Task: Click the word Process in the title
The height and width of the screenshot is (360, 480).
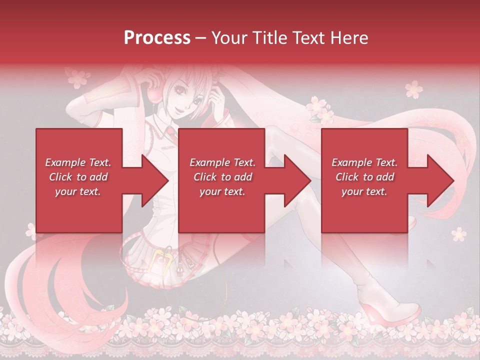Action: (157, 38)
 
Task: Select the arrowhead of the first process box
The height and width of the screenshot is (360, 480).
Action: (155, 180)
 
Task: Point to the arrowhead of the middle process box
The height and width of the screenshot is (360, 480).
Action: (298, 180)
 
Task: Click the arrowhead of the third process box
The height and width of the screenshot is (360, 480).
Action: (440, 180)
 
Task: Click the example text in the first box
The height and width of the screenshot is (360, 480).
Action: (78, 177)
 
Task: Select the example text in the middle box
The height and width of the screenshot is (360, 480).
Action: (222, 177)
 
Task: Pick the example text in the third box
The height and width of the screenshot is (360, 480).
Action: (364, 177)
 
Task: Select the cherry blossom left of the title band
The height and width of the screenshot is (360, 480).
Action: (78, 77)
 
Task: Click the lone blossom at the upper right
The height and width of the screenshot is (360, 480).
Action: (414, 89)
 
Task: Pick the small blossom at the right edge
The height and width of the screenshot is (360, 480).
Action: (458, 233)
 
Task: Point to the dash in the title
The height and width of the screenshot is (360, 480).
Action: (201, 38)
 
